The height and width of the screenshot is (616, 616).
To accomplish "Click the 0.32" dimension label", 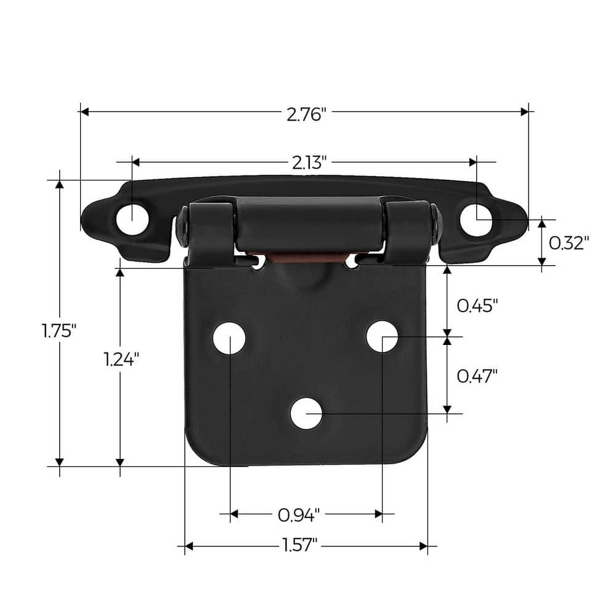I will [569, 243].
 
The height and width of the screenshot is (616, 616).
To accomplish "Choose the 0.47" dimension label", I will [476, 375].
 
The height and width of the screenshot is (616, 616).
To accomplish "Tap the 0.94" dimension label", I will [299, 514].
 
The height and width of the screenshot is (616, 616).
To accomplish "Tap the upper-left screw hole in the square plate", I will [229, 338].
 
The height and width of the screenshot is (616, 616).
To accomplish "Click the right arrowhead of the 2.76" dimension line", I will [524, 111].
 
